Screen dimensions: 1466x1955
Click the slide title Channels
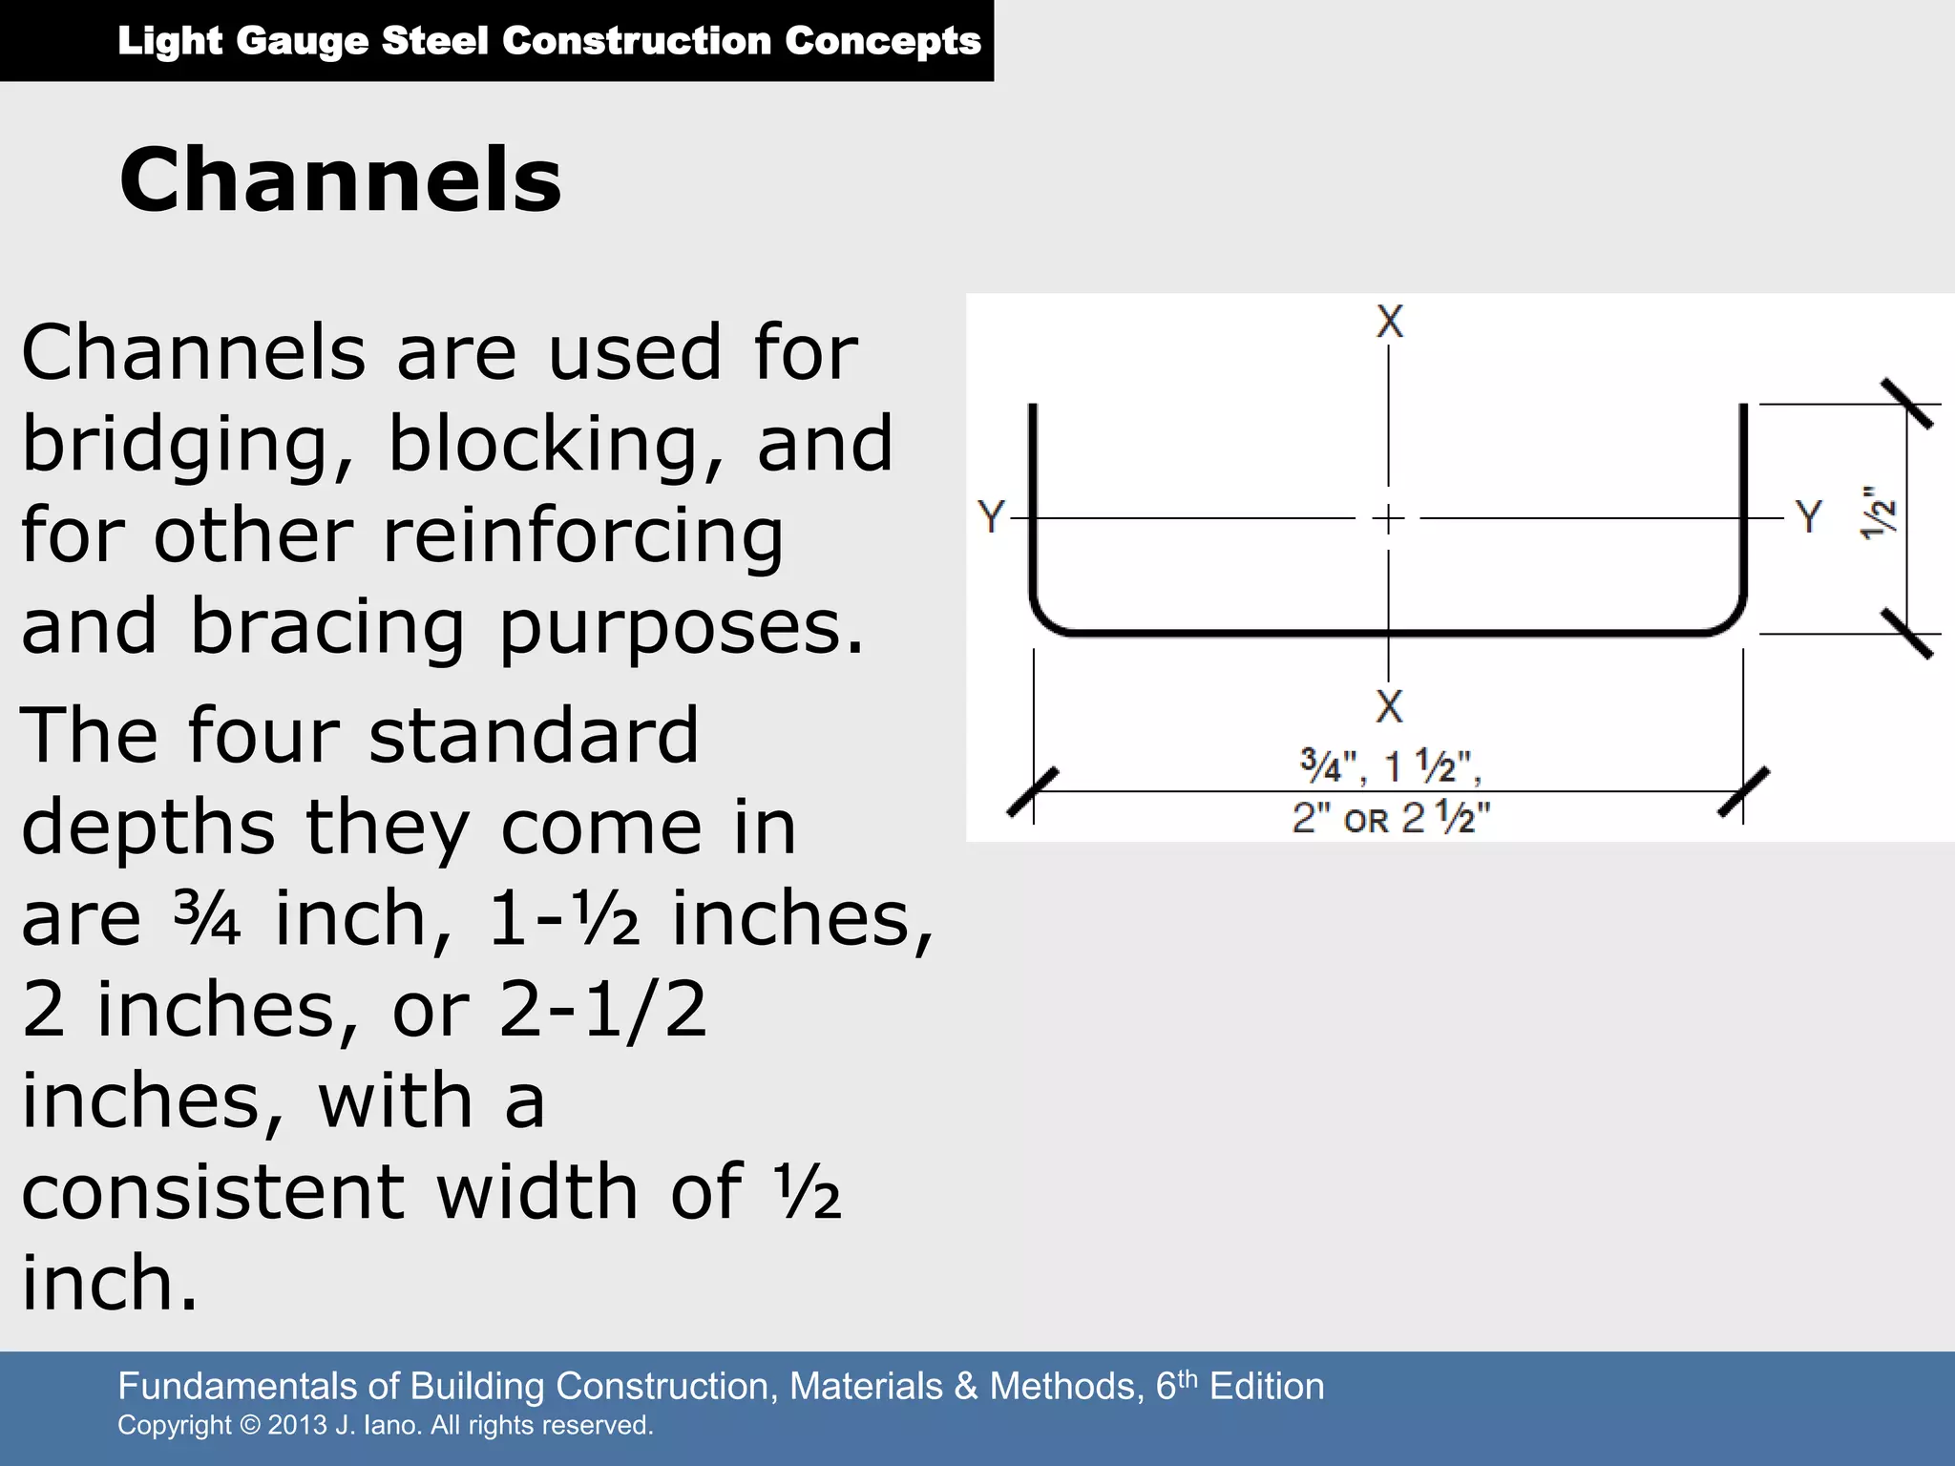click(341, 180)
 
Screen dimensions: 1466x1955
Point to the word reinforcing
click(583, 536)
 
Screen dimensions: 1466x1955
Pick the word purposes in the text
click(682, 628)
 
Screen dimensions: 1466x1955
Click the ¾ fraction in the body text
click(207, 918)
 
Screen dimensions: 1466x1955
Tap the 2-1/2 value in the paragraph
click(602, 1009)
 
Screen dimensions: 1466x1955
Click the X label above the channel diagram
click(1389, 322)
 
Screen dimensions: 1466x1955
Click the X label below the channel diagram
click(1389, 706)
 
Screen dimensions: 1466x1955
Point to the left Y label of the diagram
click(991, 517)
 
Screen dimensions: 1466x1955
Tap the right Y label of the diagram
click(1808, 517)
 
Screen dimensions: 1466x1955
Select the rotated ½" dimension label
click(1878, 513)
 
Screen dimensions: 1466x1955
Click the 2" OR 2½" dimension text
click(1391, 819)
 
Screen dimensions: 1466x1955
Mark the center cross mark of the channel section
click(1389, 518)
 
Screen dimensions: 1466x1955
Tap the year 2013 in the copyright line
click(297, 1426)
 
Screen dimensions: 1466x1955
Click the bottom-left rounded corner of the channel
click(1044, 619)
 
